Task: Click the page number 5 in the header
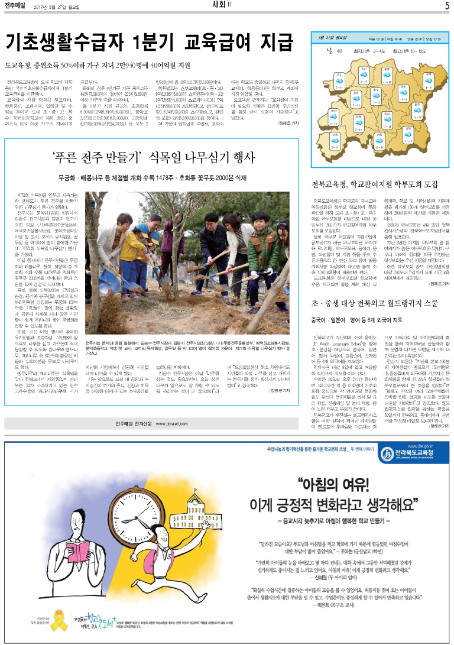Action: (x=446, y=6)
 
